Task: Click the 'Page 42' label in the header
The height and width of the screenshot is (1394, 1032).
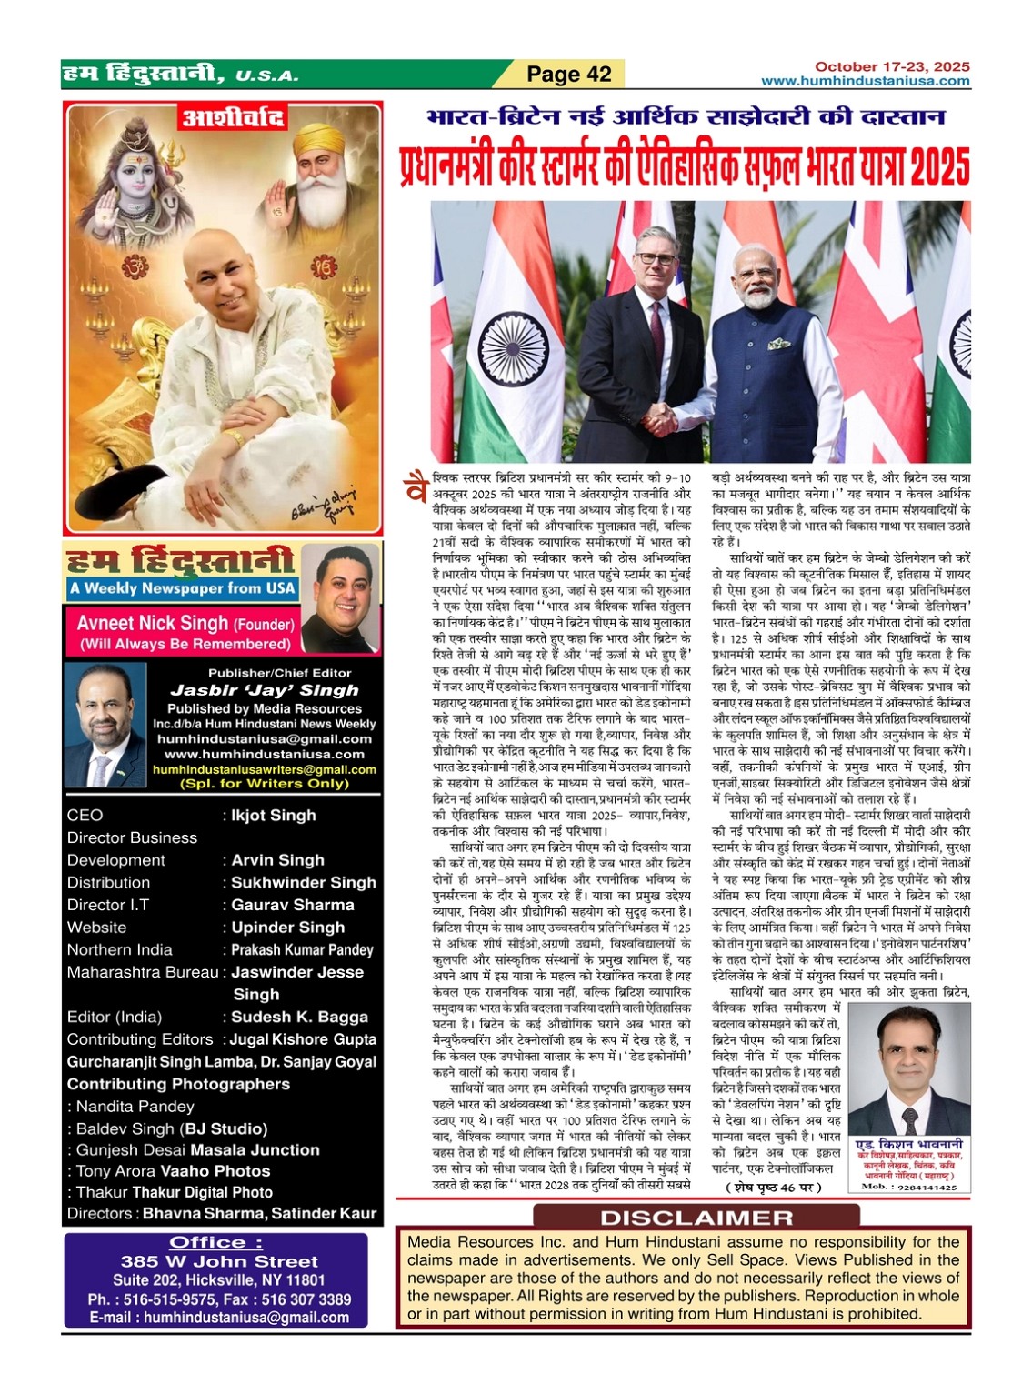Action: pyautogui.click(x=569, y=75)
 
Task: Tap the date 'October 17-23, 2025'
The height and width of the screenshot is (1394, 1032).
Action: pyautogui.click(x=891, y=66)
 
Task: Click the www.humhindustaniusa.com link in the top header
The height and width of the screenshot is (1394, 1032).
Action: pyautogui.click(x=865, y=81)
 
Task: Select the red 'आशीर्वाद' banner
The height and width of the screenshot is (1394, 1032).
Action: pyautogui.click(x=232, y=118)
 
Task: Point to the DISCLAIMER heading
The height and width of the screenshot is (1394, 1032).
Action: pyautogui.click(x=696, y=1218)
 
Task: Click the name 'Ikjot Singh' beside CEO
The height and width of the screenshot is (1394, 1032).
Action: pyautogui.click(x=273, y=816)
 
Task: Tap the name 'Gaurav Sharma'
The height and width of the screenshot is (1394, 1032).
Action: pyautogui.click(x=292, y=905)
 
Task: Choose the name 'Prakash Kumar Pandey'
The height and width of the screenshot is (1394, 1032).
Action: pyautogui.click(x=302, y=949)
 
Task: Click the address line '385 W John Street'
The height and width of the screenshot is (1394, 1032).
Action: pyautogui.click(x=219, y=1261)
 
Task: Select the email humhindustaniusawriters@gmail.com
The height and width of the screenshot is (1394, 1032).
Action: pyautogui.click(x=264, y=769)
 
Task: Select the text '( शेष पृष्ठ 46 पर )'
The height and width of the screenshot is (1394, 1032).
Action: pyautogui.click(x=774, y=1187)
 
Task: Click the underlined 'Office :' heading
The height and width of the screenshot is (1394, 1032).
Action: pyautogui.click(x=215, y=1242)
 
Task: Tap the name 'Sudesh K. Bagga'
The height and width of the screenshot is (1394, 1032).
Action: pyautogui.click(x=299, y=1017)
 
